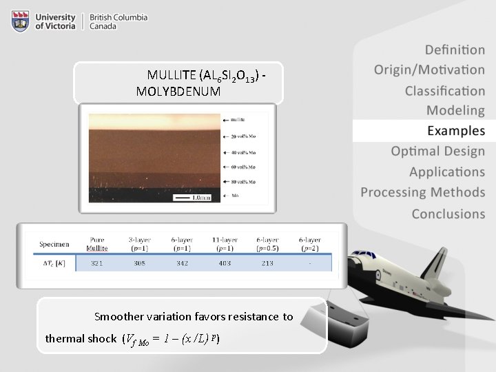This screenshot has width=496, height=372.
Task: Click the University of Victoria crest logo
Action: [20, 21]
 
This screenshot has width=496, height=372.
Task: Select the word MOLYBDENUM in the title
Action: [178, 91]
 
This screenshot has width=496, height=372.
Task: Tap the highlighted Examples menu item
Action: [455, 130]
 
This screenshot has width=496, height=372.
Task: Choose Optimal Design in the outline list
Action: [437, 151]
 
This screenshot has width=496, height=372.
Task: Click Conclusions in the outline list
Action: [448, 214]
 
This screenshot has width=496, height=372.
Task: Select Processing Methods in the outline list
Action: [423, 192]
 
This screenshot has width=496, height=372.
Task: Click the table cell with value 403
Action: [225, 263]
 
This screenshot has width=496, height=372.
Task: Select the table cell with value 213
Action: [267, 263]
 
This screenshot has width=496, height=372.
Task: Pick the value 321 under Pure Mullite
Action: [101, 263]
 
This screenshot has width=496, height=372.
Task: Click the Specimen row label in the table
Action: [54, 244]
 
